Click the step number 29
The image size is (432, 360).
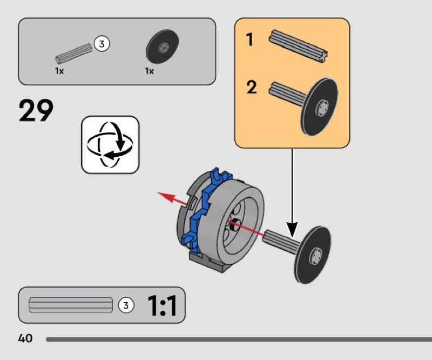[x=36, y=110]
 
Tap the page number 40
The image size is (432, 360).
[x=25, y=338]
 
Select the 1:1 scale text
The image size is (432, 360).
[x=162, y=305]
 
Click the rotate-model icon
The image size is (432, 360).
[x=110, y=145]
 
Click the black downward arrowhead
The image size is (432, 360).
[x=292, y=230]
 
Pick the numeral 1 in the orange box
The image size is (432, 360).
[x=249, y=39]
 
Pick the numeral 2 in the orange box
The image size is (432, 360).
[x=251, y=87]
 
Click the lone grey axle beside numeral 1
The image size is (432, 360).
[x=298, y=46]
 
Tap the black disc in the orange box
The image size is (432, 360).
[x=320, y=107]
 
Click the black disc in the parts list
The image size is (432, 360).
[x=163, y=46]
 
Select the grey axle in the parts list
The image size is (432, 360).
[x=73, y=54]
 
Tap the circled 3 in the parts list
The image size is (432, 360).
[x=102, y=44]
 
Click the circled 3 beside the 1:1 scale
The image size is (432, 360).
[x=126, y=305]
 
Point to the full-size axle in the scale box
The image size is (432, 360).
[x=71, y=305]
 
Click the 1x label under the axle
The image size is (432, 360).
[x=59, y=71]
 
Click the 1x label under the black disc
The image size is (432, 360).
[x=150, y=71]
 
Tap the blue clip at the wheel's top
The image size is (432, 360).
[x=220, y=176]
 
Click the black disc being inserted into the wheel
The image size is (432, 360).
[x=313, y=255]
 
